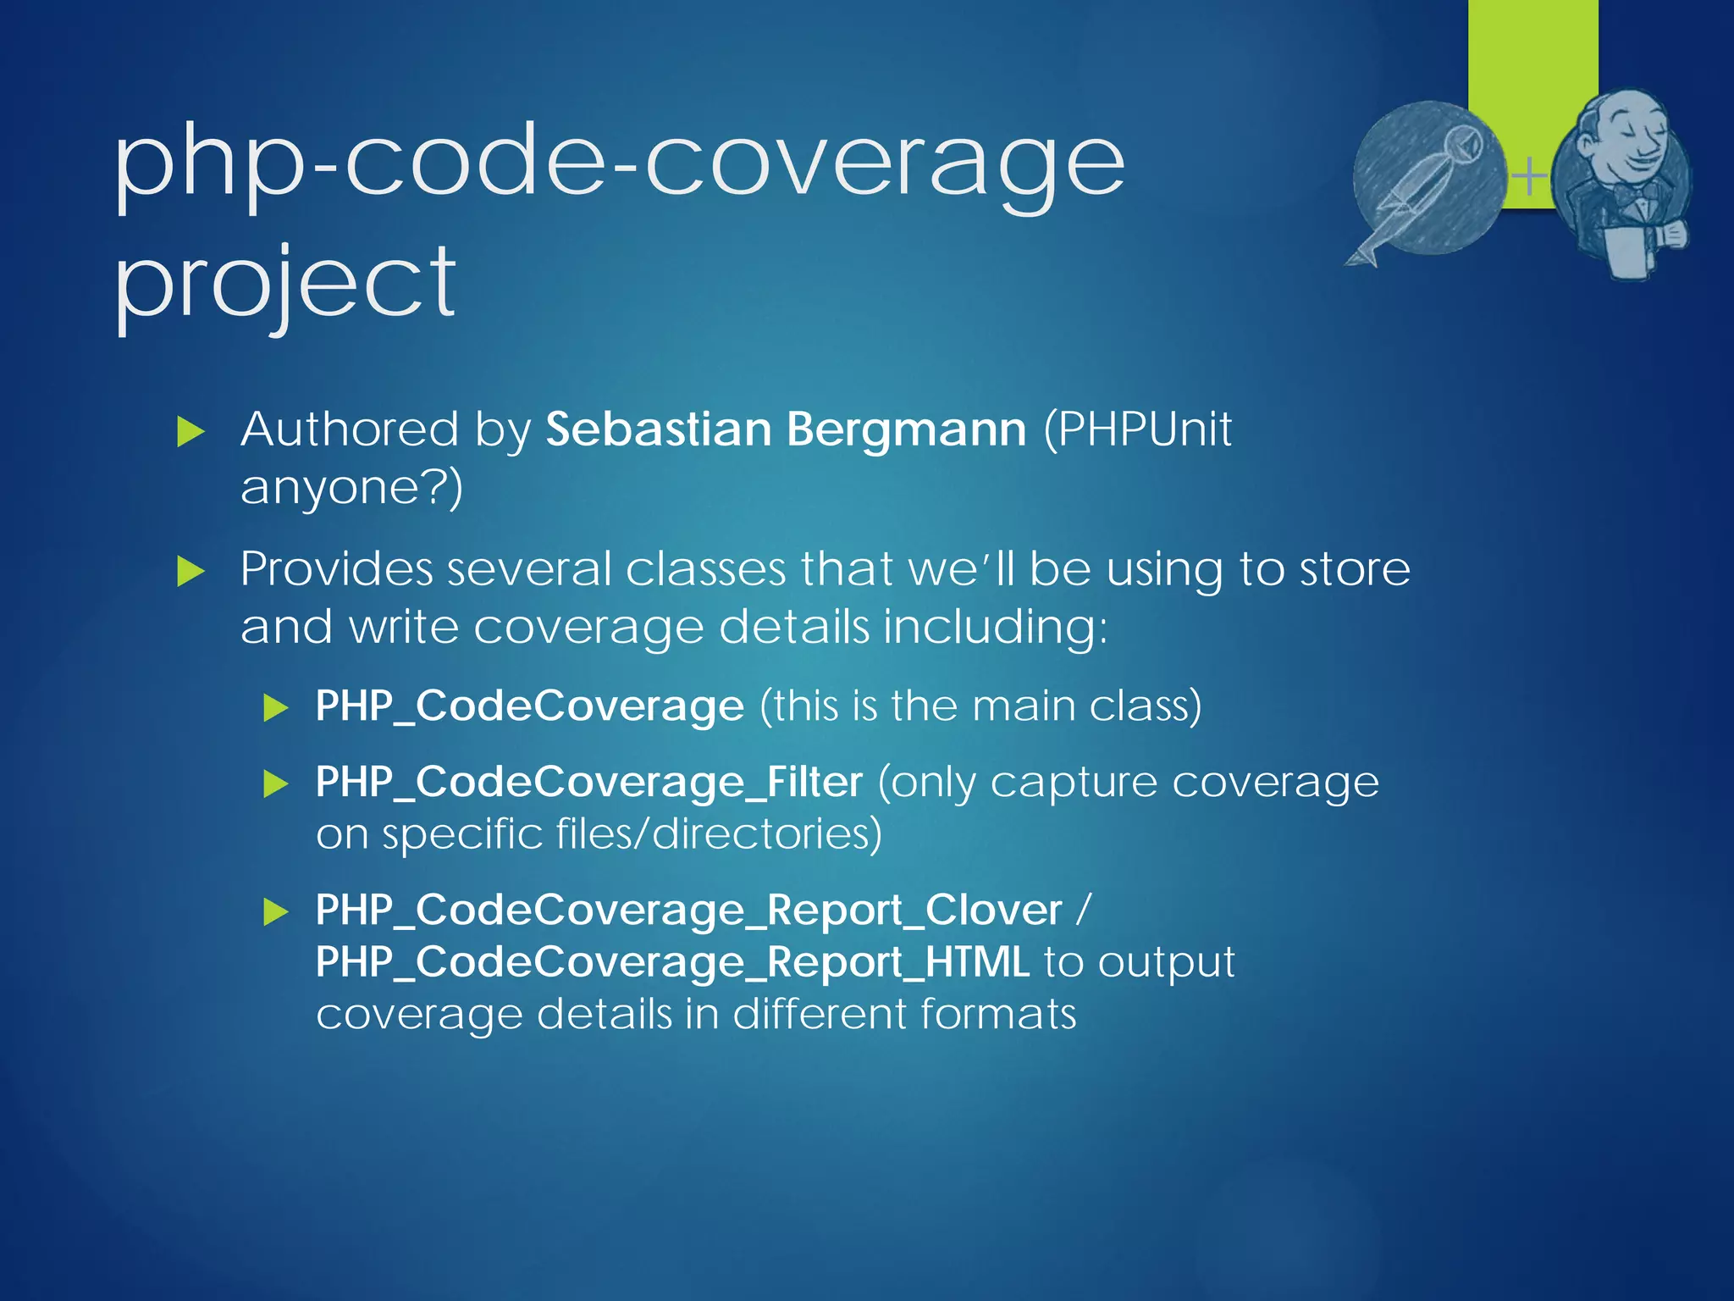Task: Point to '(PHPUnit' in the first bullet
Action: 1137,429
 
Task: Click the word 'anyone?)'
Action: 351,489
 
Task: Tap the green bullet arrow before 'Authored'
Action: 191,432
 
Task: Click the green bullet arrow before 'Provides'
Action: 191,572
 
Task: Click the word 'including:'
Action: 995,628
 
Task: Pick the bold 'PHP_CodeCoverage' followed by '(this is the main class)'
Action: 529,706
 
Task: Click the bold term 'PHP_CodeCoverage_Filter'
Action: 588,782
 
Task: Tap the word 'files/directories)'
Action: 719,833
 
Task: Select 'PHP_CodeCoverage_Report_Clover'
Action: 688,911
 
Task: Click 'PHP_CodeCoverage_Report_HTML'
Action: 672,963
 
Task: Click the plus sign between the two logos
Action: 1529,177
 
